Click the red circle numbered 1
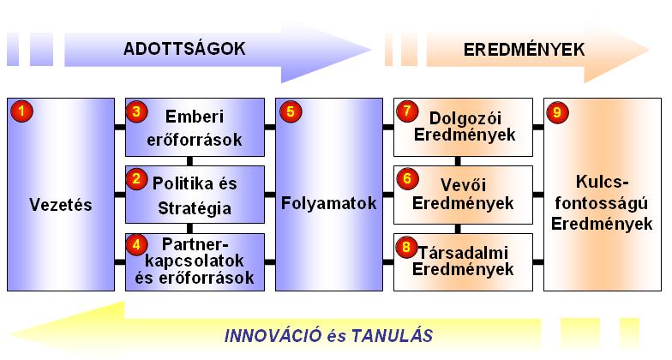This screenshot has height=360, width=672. (x=21, y=111)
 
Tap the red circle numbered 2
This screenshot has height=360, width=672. (x=137, y=178)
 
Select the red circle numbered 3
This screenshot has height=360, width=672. (x=137, y=111)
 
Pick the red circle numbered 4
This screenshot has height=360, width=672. (x=137, y=245)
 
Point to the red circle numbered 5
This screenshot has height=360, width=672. (x=291, y=111)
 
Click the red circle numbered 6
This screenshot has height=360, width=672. (x=407, y=178)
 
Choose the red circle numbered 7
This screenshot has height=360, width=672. (x=407, y=111)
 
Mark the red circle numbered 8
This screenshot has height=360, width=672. (x=407, y=247)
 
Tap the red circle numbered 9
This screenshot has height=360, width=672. (x=557, y=112)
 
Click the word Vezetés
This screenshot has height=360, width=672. (x=61, y=205)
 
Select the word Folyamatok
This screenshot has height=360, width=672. (x=329, y=203)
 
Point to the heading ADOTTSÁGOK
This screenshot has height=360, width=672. (x=185, y=49)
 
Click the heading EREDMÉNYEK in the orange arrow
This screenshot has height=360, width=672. (x=525, y=50)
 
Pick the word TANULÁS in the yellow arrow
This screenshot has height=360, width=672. (x=393, y=335)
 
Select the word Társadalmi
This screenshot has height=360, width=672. (x=463, y=252)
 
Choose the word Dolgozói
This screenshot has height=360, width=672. (x=465, y=118)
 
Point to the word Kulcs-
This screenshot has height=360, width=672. (x=603, y=182)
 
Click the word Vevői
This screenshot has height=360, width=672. (x=463, y=185)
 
